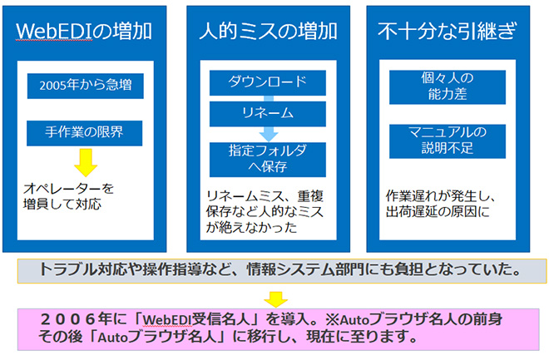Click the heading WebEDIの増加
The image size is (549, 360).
pos(84,31)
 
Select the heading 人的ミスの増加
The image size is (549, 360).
pos(268,31)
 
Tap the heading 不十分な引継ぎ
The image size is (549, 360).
pos(448,31)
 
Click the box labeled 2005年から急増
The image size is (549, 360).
pos(86,86)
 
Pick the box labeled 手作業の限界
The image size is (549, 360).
pos(84,133)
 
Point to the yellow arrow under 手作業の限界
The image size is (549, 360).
pos(86,162)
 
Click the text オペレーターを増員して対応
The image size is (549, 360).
pos(68,196)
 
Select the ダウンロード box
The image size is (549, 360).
pos(268,82)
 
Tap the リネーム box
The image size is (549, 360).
pos(268,114)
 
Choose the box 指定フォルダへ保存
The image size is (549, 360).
pos(268,159)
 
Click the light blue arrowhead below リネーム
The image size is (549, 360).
pos(269,135)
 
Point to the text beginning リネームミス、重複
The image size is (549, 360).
pos(265,212)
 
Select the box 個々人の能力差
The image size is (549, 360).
pos(448,87)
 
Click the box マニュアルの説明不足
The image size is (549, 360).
pos(448,141)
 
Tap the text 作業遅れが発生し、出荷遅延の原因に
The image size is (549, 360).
pos(441,204)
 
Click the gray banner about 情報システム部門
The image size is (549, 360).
pos(282,271)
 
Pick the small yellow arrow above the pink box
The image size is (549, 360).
pos(276,299)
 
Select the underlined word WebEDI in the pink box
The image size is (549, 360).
pos(168,320)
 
